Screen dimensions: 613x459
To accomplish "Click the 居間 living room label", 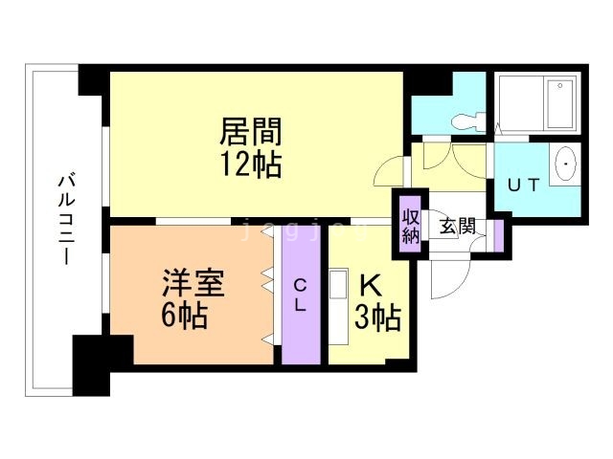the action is [x=251, y=131].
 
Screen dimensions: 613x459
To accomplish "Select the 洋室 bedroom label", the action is [x=193, y=281].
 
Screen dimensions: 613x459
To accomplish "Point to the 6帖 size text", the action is [x=184, y=315].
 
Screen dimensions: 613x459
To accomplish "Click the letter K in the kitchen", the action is [x=371, y=286].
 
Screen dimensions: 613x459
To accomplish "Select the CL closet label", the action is [x=300, y=295].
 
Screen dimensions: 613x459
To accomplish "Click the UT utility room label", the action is [x=524, y=185].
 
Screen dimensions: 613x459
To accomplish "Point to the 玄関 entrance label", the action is [x=458, y=226].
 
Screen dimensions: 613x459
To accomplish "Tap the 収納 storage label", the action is [x=411, y=227].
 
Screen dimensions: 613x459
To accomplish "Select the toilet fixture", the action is [x=468, y=121].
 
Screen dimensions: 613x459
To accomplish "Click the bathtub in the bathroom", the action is [x=560, y=103].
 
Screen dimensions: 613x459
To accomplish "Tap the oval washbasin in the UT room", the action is [x=565, y=164].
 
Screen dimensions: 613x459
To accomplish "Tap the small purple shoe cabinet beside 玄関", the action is [x=498, y=236].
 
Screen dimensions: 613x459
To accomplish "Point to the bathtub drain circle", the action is [x=559, y=85].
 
